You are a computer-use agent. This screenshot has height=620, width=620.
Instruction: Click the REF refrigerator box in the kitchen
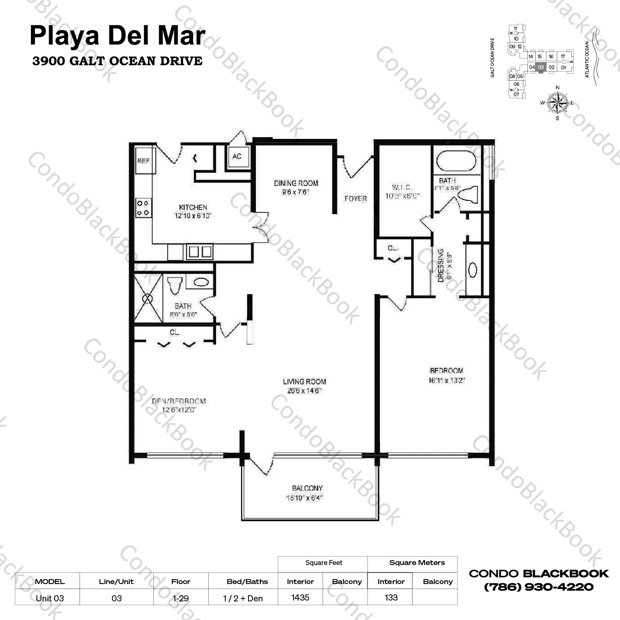[x=144, y=160]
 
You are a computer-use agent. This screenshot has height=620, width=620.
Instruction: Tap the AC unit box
[x=237, y=156]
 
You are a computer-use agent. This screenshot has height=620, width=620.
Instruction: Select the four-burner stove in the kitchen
[x=143, y=208]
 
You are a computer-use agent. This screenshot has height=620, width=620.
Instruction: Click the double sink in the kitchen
[x=199, y=251]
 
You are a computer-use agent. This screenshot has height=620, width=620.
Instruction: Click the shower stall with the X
[x=148, y=298]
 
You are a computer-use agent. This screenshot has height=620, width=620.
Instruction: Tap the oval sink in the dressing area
[x=472, y=270]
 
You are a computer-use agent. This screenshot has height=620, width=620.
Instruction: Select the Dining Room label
[x=296, y=183]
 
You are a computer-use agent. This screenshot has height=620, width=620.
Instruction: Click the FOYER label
[x=355, y=198]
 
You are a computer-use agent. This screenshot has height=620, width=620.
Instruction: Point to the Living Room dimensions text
[x=304, y=391]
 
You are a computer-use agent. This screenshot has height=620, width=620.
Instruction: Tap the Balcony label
[x=307, y=488]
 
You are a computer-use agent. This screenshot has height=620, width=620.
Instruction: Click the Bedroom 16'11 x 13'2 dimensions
[x=446, y=380]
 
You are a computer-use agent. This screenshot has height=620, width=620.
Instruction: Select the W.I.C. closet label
[x=402, y=187]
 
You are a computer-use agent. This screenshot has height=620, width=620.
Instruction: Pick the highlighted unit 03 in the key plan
[x=541, y=67]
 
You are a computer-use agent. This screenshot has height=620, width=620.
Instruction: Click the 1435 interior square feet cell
[x=300, y=597]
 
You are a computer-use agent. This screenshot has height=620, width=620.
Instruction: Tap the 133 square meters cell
[x=391, y=597]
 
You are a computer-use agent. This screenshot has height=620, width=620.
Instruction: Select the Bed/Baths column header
[x=247, y=582]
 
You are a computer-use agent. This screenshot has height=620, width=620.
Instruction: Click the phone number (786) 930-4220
[x=539, y=587]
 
